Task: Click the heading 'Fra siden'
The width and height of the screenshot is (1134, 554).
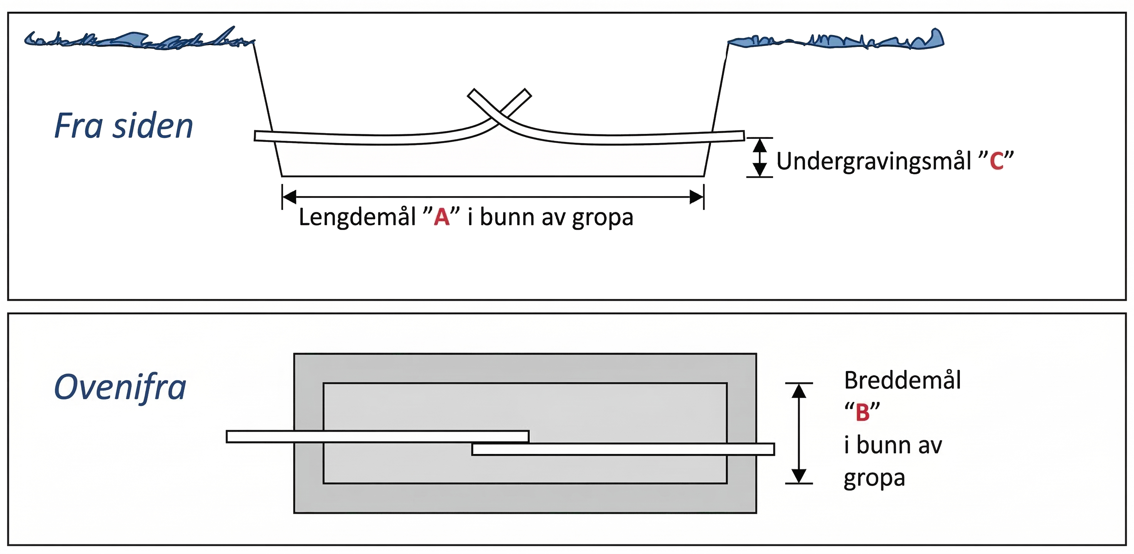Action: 123,126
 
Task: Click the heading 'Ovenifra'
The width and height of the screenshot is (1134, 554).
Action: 120,387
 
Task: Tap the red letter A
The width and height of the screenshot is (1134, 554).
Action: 441,217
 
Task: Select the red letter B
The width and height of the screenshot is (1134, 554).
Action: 862,412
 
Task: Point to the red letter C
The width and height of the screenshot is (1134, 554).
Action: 996,161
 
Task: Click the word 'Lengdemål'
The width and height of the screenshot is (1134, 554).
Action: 357,217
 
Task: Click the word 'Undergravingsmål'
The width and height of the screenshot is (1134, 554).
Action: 873,161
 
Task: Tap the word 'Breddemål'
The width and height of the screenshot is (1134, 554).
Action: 903,380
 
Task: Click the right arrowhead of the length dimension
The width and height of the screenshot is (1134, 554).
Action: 697,197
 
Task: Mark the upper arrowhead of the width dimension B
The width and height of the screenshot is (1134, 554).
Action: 798,390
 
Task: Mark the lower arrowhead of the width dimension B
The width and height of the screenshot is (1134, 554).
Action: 798,476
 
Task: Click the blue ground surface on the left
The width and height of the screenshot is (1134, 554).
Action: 132,40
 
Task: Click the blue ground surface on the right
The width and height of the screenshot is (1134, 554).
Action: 836,41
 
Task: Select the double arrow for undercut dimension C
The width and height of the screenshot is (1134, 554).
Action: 759,157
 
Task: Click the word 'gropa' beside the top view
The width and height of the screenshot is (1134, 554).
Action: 874,478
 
